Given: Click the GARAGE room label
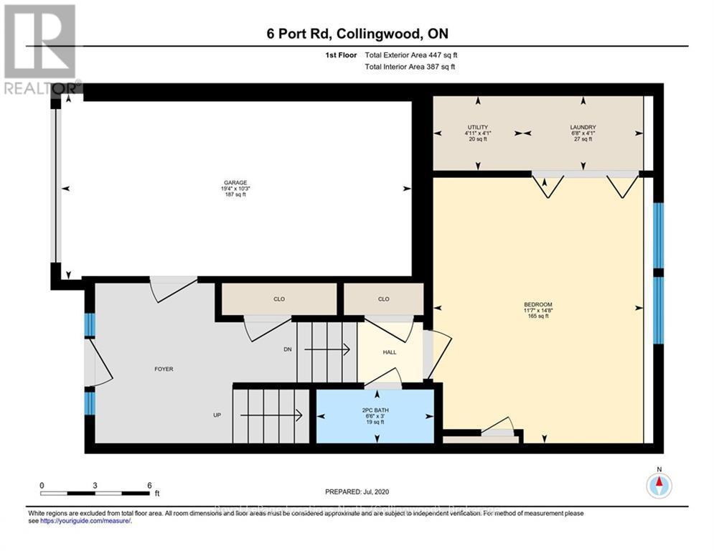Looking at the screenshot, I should [235, 183].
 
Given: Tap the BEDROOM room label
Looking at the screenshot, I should [537, 304].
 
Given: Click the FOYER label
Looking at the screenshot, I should [164, 369].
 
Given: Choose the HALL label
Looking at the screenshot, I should [390, 352].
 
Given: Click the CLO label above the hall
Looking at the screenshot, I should [383, 299].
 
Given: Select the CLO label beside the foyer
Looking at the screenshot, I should [278, 299].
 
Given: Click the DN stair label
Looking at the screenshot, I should [288, 350].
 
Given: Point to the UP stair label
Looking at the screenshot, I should [216, 415].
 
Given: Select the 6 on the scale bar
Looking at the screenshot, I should [149, 486].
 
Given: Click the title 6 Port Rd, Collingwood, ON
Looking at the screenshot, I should [357, 33].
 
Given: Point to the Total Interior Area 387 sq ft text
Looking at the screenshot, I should [410, 67].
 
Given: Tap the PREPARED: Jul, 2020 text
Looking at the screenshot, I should [357, 491].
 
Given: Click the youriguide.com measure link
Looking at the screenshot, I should [85, 521].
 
